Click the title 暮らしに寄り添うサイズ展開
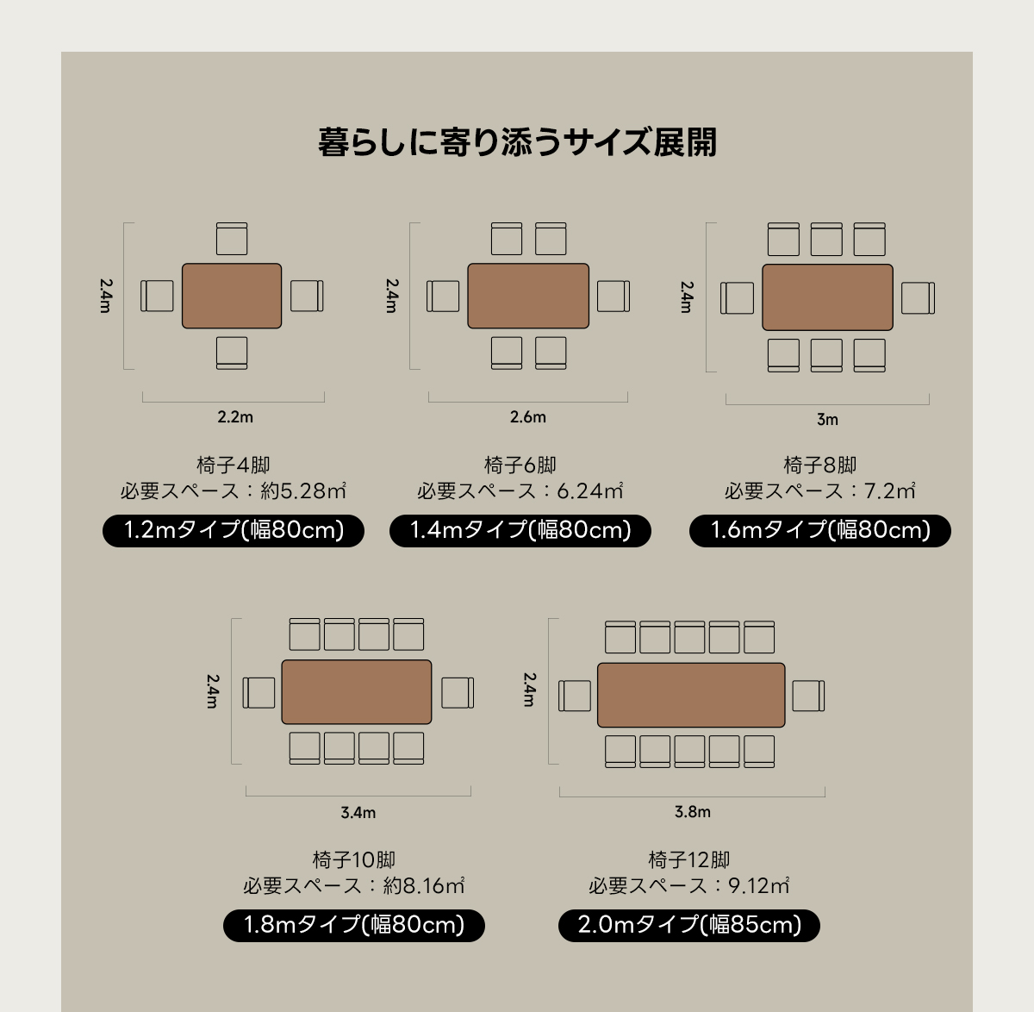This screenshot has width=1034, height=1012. (517, 142)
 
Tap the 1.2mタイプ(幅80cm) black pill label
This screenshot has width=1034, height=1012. (234, 530)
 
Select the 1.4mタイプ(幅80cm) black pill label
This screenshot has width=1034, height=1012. (520, 530)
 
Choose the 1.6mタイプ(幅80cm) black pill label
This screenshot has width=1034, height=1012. (819, 530)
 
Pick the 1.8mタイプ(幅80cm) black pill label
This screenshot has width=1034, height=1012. (354, 925)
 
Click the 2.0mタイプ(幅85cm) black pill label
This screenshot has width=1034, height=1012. (689, 925)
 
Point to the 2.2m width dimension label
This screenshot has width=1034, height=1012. (235, 417)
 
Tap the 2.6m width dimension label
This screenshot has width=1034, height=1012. (527, 417)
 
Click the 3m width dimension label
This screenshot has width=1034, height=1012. (827, 420)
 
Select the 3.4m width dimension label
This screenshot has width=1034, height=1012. (358, 813)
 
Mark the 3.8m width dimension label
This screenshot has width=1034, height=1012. (692, 812)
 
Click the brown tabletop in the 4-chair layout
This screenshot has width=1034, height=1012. (232, 296)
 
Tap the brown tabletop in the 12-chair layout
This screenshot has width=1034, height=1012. (691, 695)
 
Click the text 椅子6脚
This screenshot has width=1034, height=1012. (520, 465)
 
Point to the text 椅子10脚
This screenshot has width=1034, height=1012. (354, 860)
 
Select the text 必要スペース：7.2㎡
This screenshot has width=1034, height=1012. (819, 491)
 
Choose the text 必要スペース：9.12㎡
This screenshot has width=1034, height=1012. (688, 885)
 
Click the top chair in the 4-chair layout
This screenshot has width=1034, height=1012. (232, 239)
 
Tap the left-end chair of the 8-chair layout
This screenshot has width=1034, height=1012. (737, 298)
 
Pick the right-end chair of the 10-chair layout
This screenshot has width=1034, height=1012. (458, 692)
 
